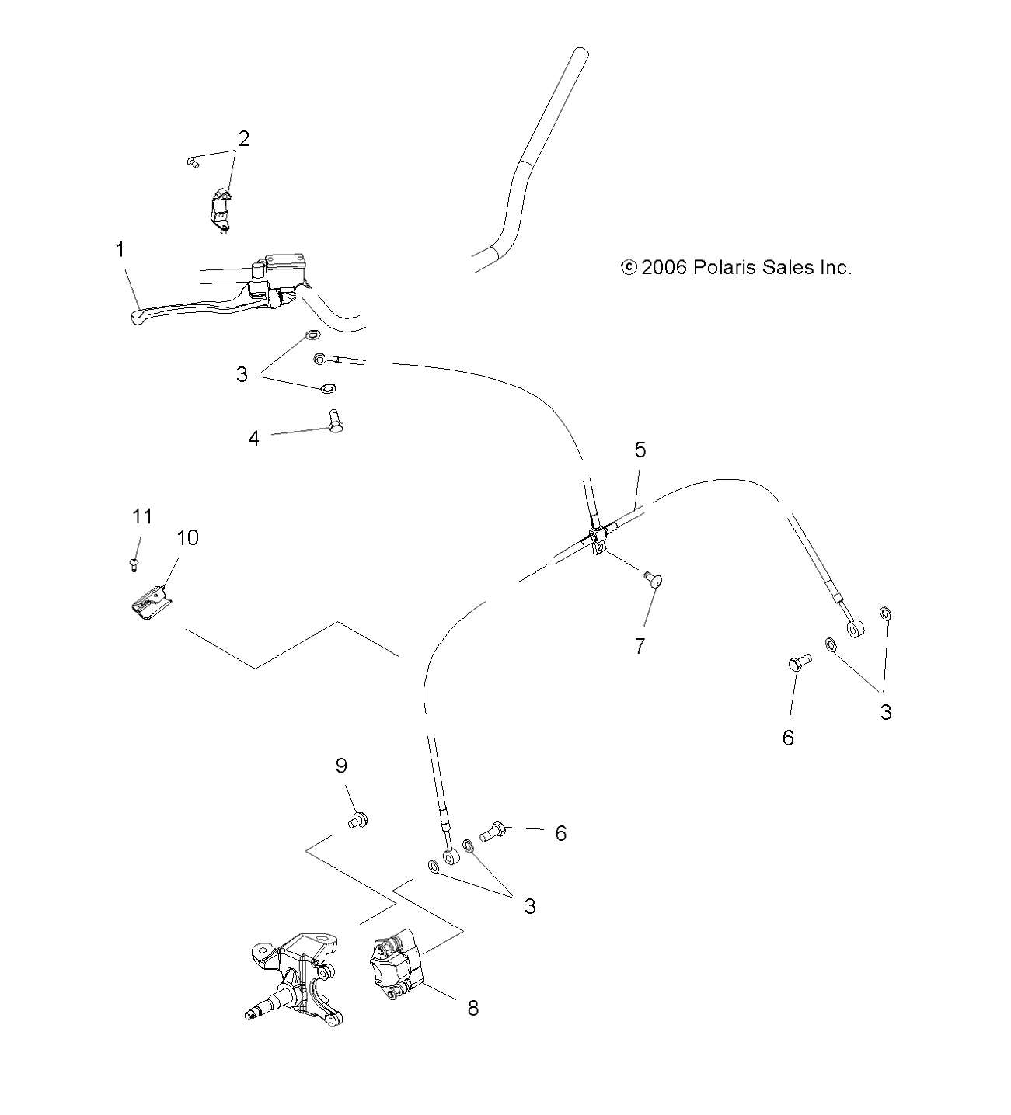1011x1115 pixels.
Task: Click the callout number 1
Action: (120, 250)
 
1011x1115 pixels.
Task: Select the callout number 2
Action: (243, 139)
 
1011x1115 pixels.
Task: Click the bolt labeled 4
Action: (335, 422)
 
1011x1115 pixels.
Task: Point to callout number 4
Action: (253, 439)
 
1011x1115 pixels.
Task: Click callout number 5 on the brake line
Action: (640, 450)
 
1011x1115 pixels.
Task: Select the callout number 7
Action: (640, 646)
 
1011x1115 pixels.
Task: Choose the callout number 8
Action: (472, 1009)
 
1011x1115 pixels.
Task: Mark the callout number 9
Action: (341, 766)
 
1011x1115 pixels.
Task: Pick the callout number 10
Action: (187, 537)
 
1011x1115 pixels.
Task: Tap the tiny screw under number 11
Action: (134, 563)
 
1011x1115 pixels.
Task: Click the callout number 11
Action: (141, 516)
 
